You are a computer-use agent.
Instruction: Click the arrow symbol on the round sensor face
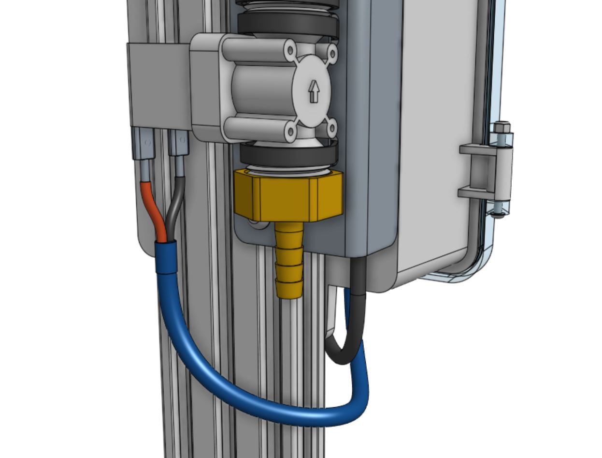tap(314, 91)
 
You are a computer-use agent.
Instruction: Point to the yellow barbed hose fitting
tap(289, 261)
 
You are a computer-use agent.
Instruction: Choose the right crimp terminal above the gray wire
tap(179, 144)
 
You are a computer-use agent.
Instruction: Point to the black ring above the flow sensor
tap(288, 24)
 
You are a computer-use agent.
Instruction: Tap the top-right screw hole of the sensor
tap(332, 51)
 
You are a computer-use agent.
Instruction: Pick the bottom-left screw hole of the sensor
tap(290, 131)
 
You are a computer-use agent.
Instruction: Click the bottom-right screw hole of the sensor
tap(331, 128)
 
